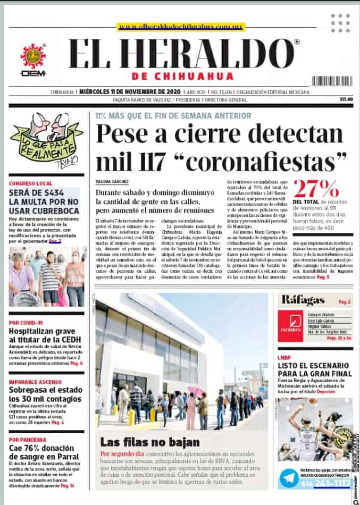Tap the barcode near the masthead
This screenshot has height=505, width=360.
(332, 81)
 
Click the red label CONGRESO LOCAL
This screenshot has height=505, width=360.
(30, 183)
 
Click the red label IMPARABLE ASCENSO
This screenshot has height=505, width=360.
(34, 381)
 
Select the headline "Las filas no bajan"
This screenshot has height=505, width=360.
(150, 442)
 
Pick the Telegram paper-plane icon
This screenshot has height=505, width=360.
(290, 477)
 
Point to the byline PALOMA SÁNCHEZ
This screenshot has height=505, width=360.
(112, 181)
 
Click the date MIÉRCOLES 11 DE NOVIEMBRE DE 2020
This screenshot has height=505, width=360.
(129, 91)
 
